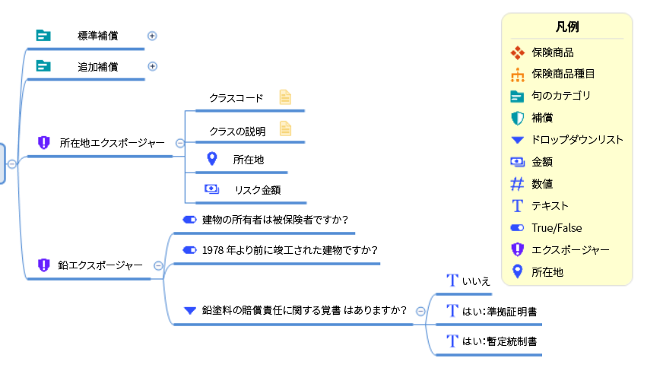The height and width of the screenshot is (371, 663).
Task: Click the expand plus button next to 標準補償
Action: click(x=152, y=36)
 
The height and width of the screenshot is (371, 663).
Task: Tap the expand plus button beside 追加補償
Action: click(x=152, y=66)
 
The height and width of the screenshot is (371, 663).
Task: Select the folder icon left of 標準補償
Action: click(x=43, y=36)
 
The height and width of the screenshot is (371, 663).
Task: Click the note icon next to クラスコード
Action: click(x=285, y=97)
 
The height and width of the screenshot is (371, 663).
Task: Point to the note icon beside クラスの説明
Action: click(x=285, y=128)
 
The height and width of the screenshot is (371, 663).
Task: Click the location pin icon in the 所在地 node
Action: click(x=212, y=159)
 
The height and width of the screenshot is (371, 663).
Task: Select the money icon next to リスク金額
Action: click(x=211, y=189)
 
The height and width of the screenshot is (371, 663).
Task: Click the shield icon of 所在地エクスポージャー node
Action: click(x=43, y=143)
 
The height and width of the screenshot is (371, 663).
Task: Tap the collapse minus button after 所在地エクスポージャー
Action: click(x=180, y=143)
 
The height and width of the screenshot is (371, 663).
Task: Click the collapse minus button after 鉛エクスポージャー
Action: click(x=158, y=265)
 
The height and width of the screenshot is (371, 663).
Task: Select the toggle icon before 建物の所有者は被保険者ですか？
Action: click(x=189, y=220)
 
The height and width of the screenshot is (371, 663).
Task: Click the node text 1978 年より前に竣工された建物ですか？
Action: click(x=290, y=250)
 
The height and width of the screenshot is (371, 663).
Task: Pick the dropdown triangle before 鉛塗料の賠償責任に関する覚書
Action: click(x=189, y=310)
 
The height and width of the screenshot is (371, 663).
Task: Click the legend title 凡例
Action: click(x=567, y=27)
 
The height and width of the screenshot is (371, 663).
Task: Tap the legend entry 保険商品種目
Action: click(x=563, y=75)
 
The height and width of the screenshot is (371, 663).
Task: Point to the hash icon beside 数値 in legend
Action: click(x=517, y=183)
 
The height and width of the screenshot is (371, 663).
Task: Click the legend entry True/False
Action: click(x=557, y=227)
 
